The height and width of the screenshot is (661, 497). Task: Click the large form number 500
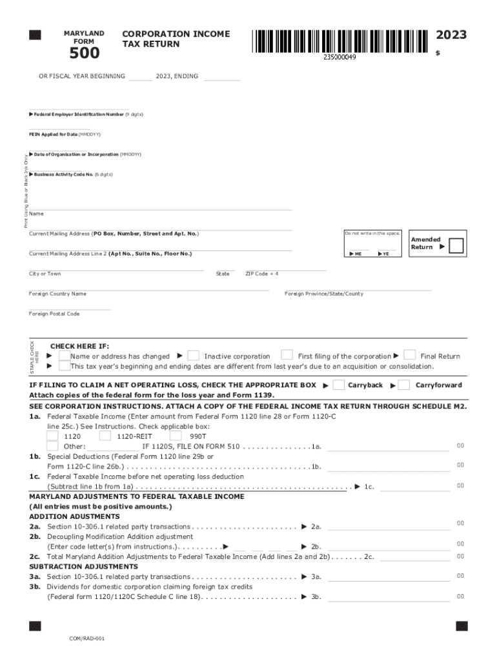tap(85, 53)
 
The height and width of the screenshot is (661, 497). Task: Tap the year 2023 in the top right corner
tap(451, 35)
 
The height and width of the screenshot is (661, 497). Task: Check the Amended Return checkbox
tap(456, 247)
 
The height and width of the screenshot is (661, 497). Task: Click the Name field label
tap(36, 214)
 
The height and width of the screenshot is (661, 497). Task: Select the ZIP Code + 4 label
tap(261, 274)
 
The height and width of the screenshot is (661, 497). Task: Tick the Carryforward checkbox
tap(404, 385)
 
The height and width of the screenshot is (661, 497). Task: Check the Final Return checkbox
tap(409, 355)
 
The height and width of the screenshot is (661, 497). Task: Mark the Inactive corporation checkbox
tap(193, 355)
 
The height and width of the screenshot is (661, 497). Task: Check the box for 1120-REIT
tap(105, 436)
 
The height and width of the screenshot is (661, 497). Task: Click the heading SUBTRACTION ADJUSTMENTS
tap(74, 566)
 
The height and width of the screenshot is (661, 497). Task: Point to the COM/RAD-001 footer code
tap(87, 638)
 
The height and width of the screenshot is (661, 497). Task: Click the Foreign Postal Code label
tap(54, 314)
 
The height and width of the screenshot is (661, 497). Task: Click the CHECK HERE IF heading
tap(79, 346)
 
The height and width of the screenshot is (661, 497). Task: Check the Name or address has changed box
tap(64, 356)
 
